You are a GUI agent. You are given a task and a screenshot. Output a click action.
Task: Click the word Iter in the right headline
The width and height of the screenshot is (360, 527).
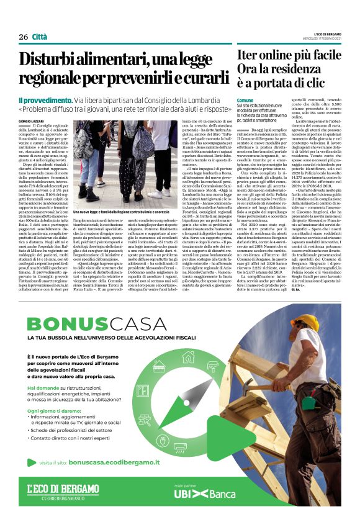pos(250,56)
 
